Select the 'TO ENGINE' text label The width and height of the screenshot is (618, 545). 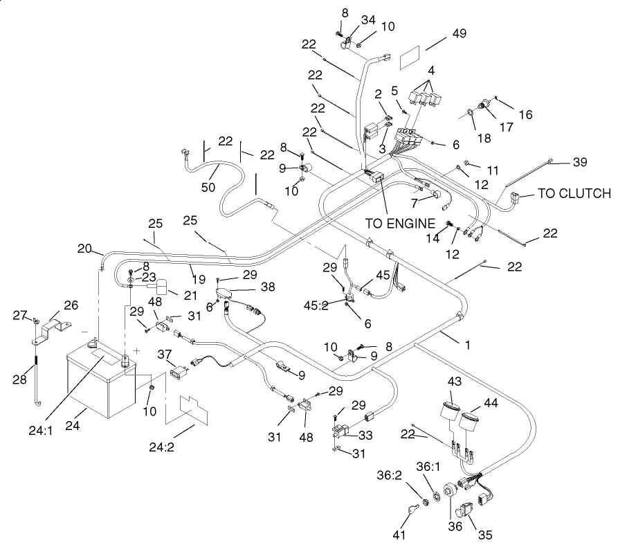(x=400, y=223)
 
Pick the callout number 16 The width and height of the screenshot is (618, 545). (x=526, y=114)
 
